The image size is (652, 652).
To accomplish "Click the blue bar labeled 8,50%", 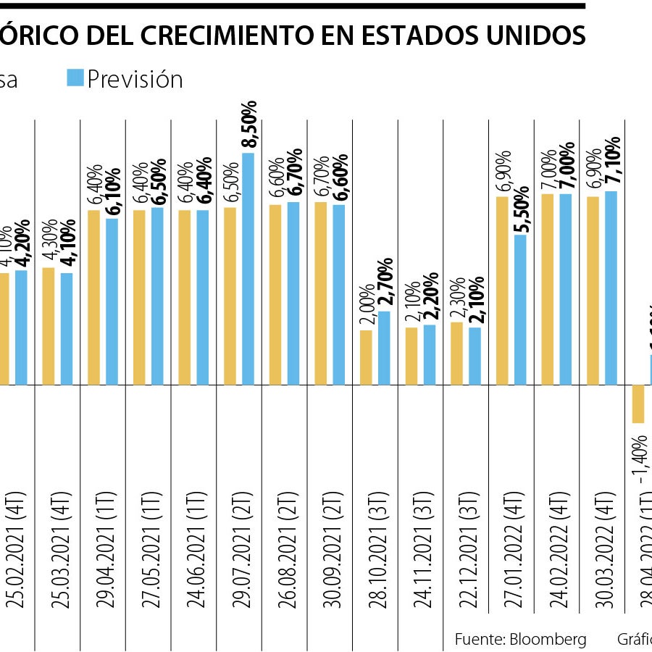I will point(248,268).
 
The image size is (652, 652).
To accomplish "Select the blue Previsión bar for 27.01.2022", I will point(520,309).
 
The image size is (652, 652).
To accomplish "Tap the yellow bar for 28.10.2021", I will point(367,357).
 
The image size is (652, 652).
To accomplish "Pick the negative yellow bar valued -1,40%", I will point(638,404).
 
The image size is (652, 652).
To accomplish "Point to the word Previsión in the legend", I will point(135,78).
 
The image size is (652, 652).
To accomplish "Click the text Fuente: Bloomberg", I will point(520,639).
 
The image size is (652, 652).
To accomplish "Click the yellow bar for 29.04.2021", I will point(93,297).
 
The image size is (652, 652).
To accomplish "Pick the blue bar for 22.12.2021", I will point(475,356).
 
